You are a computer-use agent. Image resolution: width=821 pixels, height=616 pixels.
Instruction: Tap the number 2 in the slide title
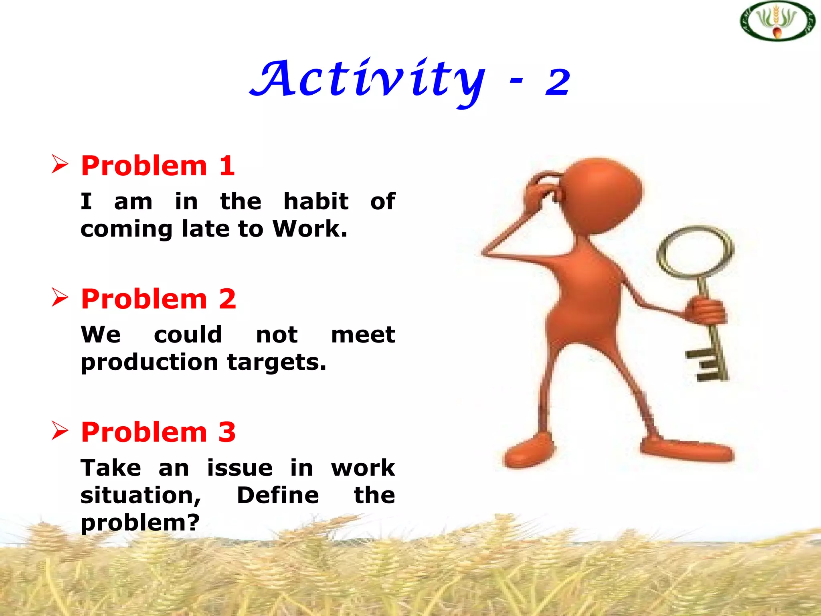(x=557, y=82)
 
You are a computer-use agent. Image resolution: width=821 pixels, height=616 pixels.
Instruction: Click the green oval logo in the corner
(x=777, y=21)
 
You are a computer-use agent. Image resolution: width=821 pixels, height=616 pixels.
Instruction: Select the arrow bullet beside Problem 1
(x=60, y=164)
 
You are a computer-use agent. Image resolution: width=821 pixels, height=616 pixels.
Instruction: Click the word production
(x=149, y=363)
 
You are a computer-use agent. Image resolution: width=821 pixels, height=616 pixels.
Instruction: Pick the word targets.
(x=277, y=363)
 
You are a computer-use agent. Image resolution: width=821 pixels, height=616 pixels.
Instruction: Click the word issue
(x=240, y=468)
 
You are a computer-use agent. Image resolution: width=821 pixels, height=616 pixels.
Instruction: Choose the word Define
(x=278, y=495)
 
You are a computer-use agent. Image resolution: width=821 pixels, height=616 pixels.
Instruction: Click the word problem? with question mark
(x=140, y=523)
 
